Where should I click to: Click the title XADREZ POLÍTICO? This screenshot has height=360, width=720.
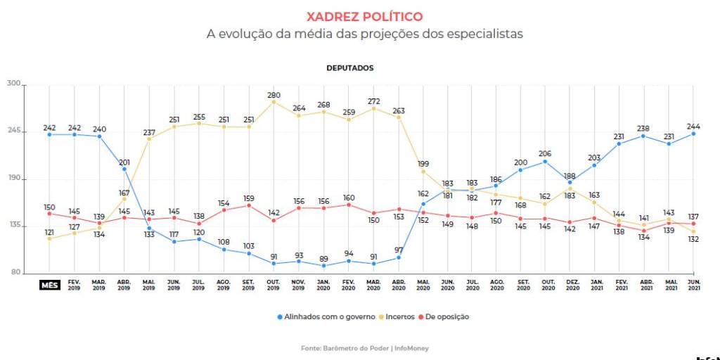(365, 16)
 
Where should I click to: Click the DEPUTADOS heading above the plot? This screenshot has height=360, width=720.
(349, 68)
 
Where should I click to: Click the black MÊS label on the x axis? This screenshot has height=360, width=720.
(49, 285)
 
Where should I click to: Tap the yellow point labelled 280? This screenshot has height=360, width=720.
(274, 102)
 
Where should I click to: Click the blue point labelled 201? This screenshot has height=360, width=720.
(124, 169)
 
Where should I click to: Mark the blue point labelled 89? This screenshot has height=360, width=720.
(323, 266)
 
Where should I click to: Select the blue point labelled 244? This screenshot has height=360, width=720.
(694, 134)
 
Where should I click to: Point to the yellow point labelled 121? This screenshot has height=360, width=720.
(49, 238)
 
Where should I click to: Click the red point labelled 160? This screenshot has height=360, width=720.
(349, 205)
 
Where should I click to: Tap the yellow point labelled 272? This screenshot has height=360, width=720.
(374, 109)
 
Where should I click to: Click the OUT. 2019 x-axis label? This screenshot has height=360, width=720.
(274, 285)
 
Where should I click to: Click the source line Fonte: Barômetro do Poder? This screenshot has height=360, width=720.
(364, 348)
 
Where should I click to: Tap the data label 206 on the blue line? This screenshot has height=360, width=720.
(544, 153)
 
